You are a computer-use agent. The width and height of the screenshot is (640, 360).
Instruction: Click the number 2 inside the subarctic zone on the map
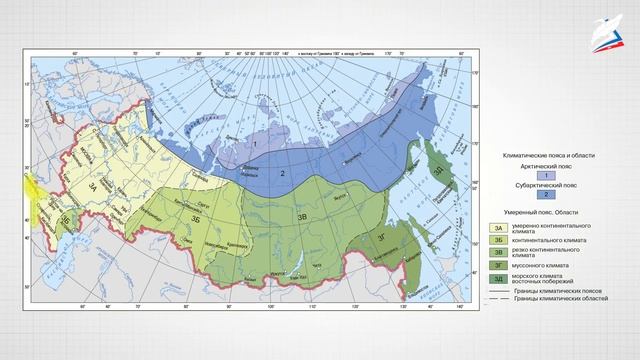point(283,174)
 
